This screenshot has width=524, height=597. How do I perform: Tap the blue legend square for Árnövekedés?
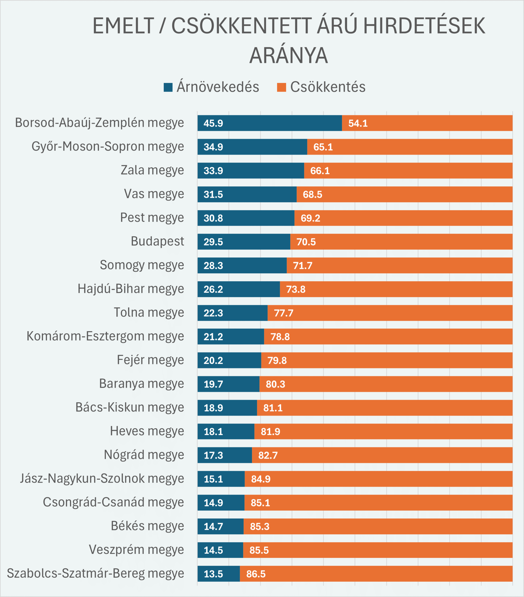(168, 87)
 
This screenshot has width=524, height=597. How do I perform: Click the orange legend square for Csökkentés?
(281, 87)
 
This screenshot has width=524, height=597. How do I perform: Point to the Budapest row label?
(157, 241)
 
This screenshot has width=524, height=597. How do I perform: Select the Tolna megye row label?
(149, 312)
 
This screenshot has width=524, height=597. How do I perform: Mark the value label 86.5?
(256, 574)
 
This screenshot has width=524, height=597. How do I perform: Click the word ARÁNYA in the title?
(288, 56)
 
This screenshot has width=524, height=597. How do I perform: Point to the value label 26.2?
(213, 289)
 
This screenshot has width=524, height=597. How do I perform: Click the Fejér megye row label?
(150, 360)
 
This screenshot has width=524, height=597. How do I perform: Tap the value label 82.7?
(268, 455)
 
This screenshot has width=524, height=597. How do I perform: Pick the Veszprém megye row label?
(136, 549)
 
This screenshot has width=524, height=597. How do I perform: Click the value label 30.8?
(213, 218)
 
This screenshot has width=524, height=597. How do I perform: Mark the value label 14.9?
(213, 503)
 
